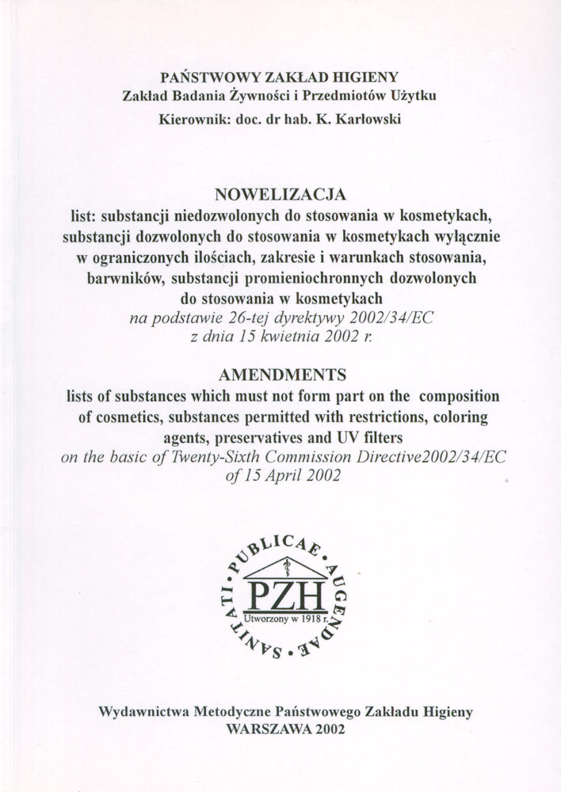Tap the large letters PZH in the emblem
coord(280,595)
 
